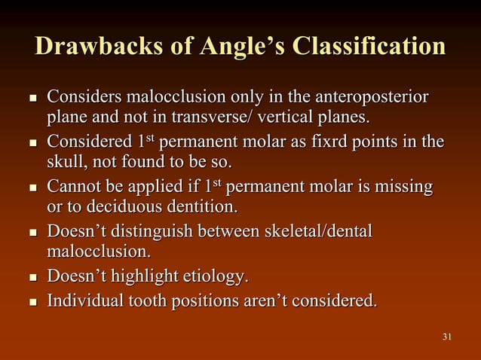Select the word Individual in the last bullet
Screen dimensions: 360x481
click(x=83, y=301)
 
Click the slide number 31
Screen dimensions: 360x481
click(x=447, y=336)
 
